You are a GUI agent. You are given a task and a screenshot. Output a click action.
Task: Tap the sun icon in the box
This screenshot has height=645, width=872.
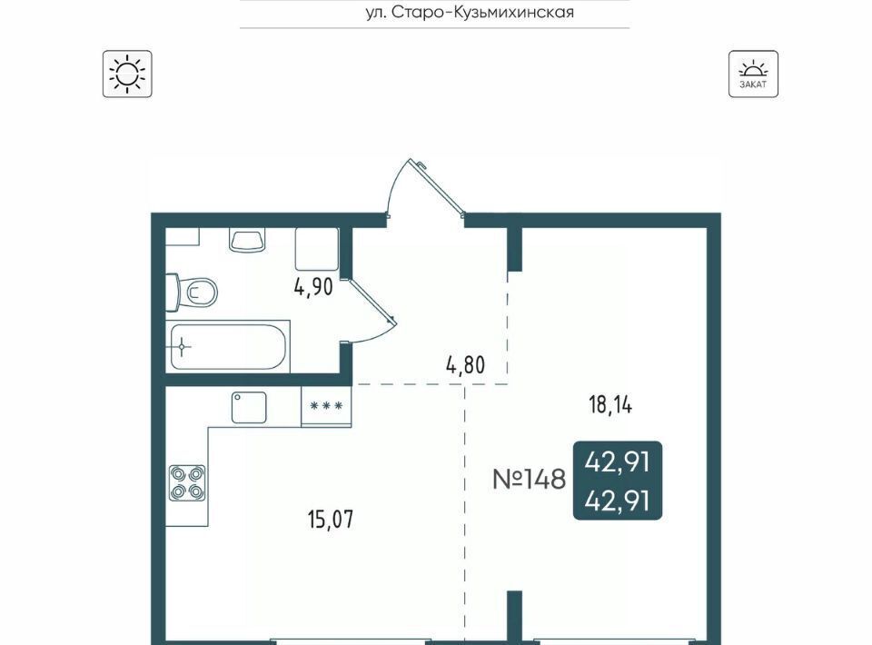click(x=127, y=74)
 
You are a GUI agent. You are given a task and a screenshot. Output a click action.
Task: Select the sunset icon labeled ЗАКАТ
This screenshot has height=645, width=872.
click(x=753, y=74)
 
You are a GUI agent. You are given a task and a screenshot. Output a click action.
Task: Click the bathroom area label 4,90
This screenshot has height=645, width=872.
click(x=313, y=287)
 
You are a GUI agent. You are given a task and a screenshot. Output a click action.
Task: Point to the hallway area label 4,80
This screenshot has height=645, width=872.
click(x=465, y=365)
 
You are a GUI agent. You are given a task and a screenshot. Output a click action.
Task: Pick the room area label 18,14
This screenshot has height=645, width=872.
click(x=610, y=405)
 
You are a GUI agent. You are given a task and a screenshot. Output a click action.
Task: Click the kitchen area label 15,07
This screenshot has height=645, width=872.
click(x=331, y=520)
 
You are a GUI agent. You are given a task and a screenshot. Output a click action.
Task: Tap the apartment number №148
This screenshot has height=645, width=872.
click(x=529, y=479)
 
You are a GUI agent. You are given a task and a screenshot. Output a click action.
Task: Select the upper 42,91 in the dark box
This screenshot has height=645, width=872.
click(x=618, y=461)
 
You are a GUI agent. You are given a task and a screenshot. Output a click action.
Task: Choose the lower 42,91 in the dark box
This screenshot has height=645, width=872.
click(x=618, y=501)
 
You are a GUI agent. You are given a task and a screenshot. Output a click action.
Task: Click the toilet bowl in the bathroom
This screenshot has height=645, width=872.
click(x=192, y=292)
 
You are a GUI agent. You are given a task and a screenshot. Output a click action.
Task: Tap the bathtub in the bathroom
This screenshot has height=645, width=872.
click(x=228, y=346)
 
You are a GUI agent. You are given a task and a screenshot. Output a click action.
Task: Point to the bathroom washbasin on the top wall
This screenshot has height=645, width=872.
click(x=247, y=240)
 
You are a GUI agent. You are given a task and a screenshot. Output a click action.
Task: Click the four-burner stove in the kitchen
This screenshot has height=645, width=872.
click(x=187, y=483)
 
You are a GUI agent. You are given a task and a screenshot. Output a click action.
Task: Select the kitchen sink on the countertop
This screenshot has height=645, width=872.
click(x=249, y=408)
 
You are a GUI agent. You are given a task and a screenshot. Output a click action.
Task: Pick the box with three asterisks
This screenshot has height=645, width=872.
click(x=326, y=406)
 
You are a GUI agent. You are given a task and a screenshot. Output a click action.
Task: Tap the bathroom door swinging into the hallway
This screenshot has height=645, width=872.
click(x=370, y=311)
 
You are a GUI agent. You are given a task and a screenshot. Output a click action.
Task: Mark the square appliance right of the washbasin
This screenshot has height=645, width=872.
click(x=316, y=249)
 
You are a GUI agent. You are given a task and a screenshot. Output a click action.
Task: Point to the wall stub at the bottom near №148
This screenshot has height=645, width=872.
click(x=515, y=618)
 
